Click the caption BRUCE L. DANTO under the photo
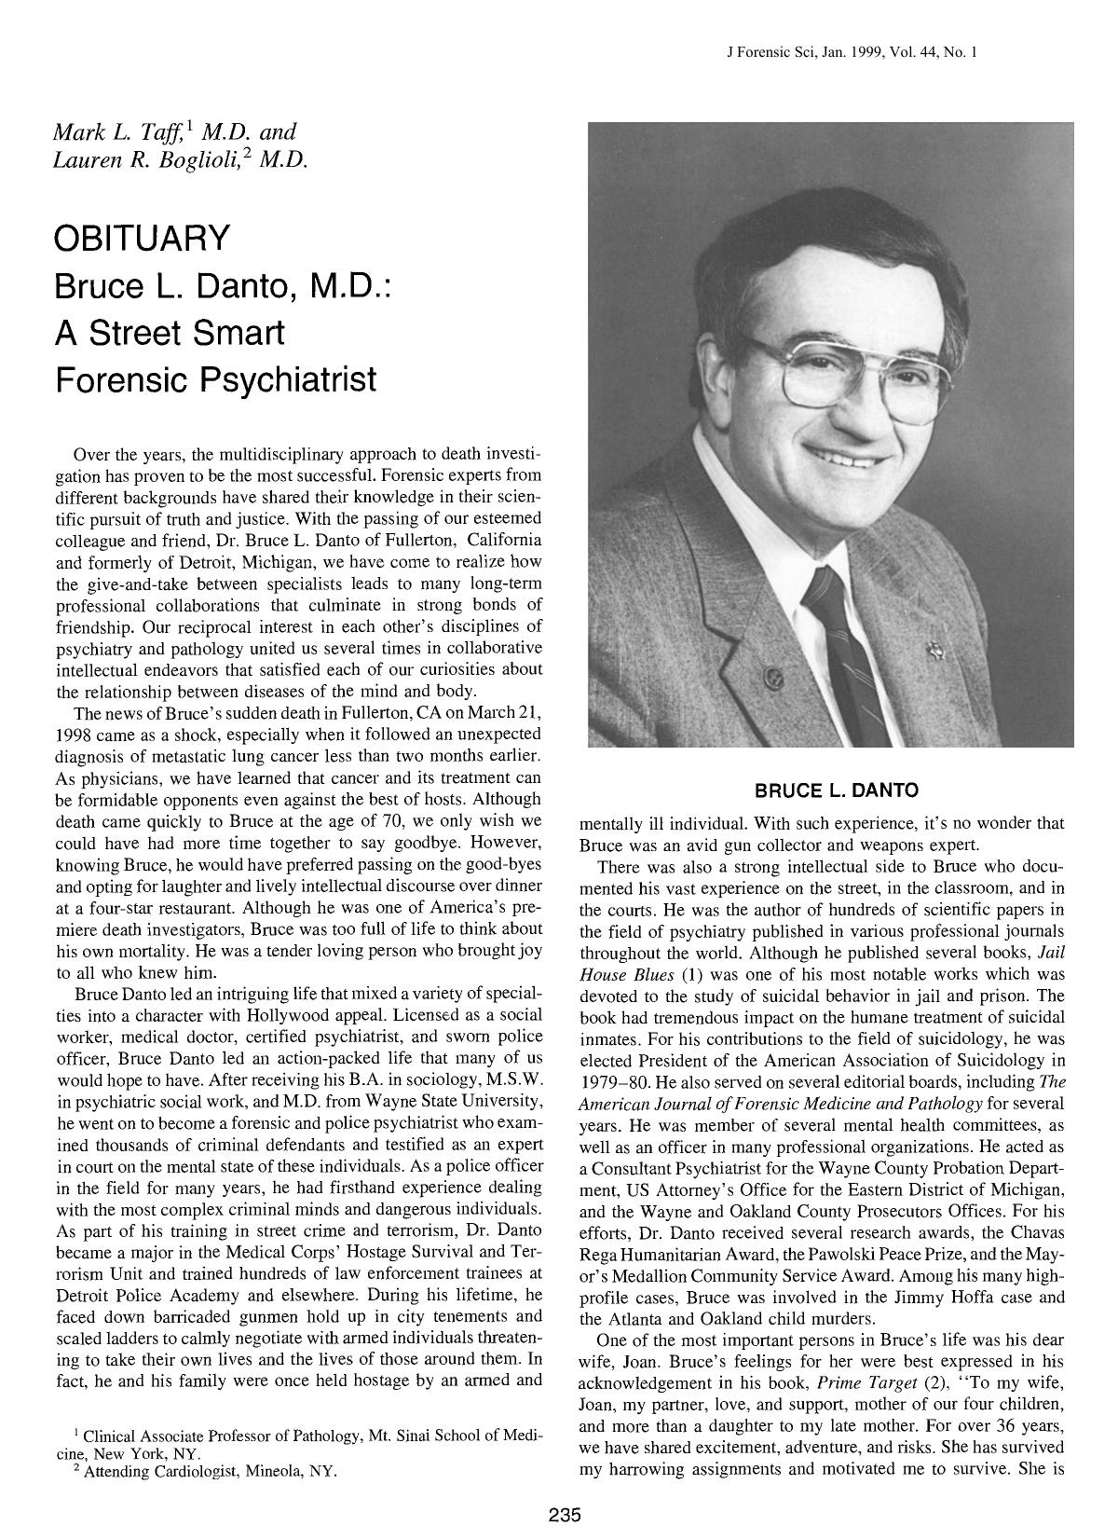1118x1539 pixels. [836, 790]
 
